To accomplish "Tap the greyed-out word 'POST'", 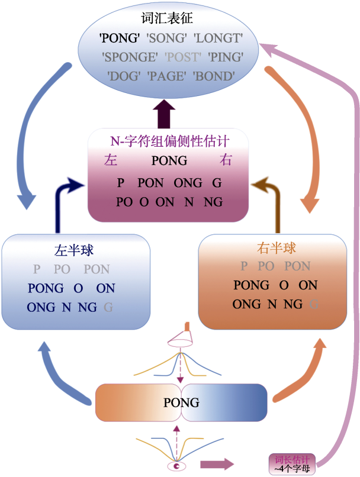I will [x=183, y=57].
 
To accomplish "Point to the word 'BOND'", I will [x=215, y=76].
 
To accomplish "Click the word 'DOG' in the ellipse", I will [x=123, y=76].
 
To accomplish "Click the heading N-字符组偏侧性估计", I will [x=170, y=141].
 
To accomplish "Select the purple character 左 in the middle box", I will [x=111, y=160].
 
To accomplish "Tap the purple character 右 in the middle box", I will [x=225, y=160].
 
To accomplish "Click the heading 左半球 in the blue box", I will [x=74, y=250].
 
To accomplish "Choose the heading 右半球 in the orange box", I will [x=277, y=248].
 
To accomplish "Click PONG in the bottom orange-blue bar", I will [x=181, y=403].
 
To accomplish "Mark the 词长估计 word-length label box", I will [x=291, y=462].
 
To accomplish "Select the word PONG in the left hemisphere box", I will [x=46, y=288].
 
